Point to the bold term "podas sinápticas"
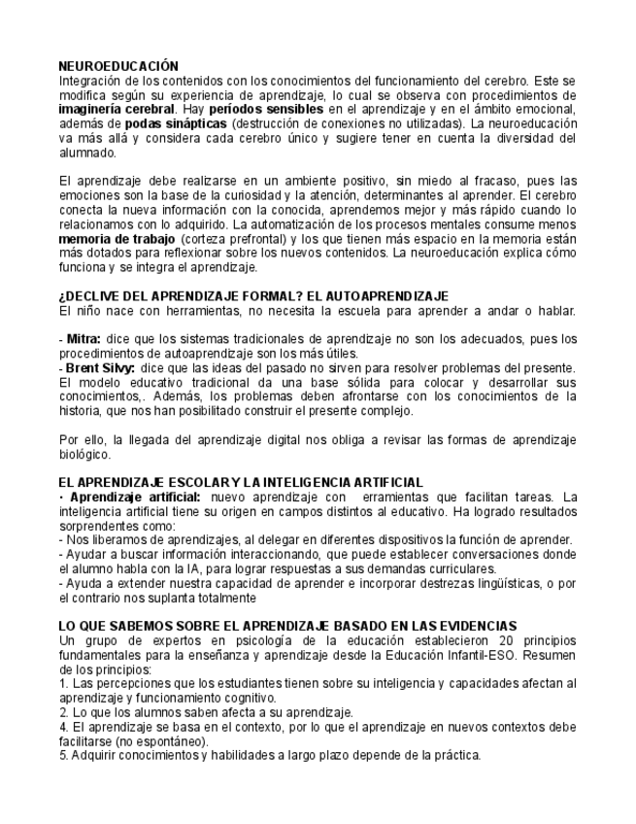click(176, 124)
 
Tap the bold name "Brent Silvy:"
click(101, 367)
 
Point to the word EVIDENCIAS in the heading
click(473, 626)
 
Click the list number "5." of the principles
click(63, 755)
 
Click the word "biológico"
click(85, 454)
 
